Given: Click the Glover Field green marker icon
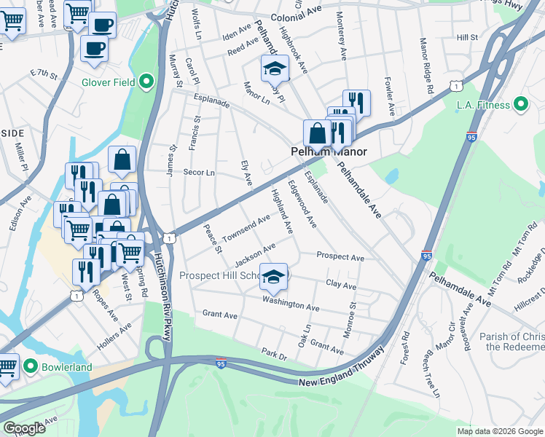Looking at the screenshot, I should (146, 82).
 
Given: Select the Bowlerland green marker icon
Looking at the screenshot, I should (30, 366).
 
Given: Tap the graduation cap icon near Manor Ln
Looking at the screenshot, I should (275, 69).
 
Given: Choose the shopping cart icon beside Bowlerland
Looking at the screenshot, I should (7, 367).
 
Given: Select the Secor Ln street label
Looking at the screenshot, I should (198, 173).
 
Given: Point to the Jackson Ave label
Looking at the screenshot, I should (255, 254).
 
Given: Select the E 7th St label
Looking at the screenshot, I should (43, 75).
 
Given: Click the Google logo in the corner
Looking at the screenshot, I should (24, 429).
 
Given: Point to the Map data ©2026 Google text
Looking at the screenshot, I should (500, 431).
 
